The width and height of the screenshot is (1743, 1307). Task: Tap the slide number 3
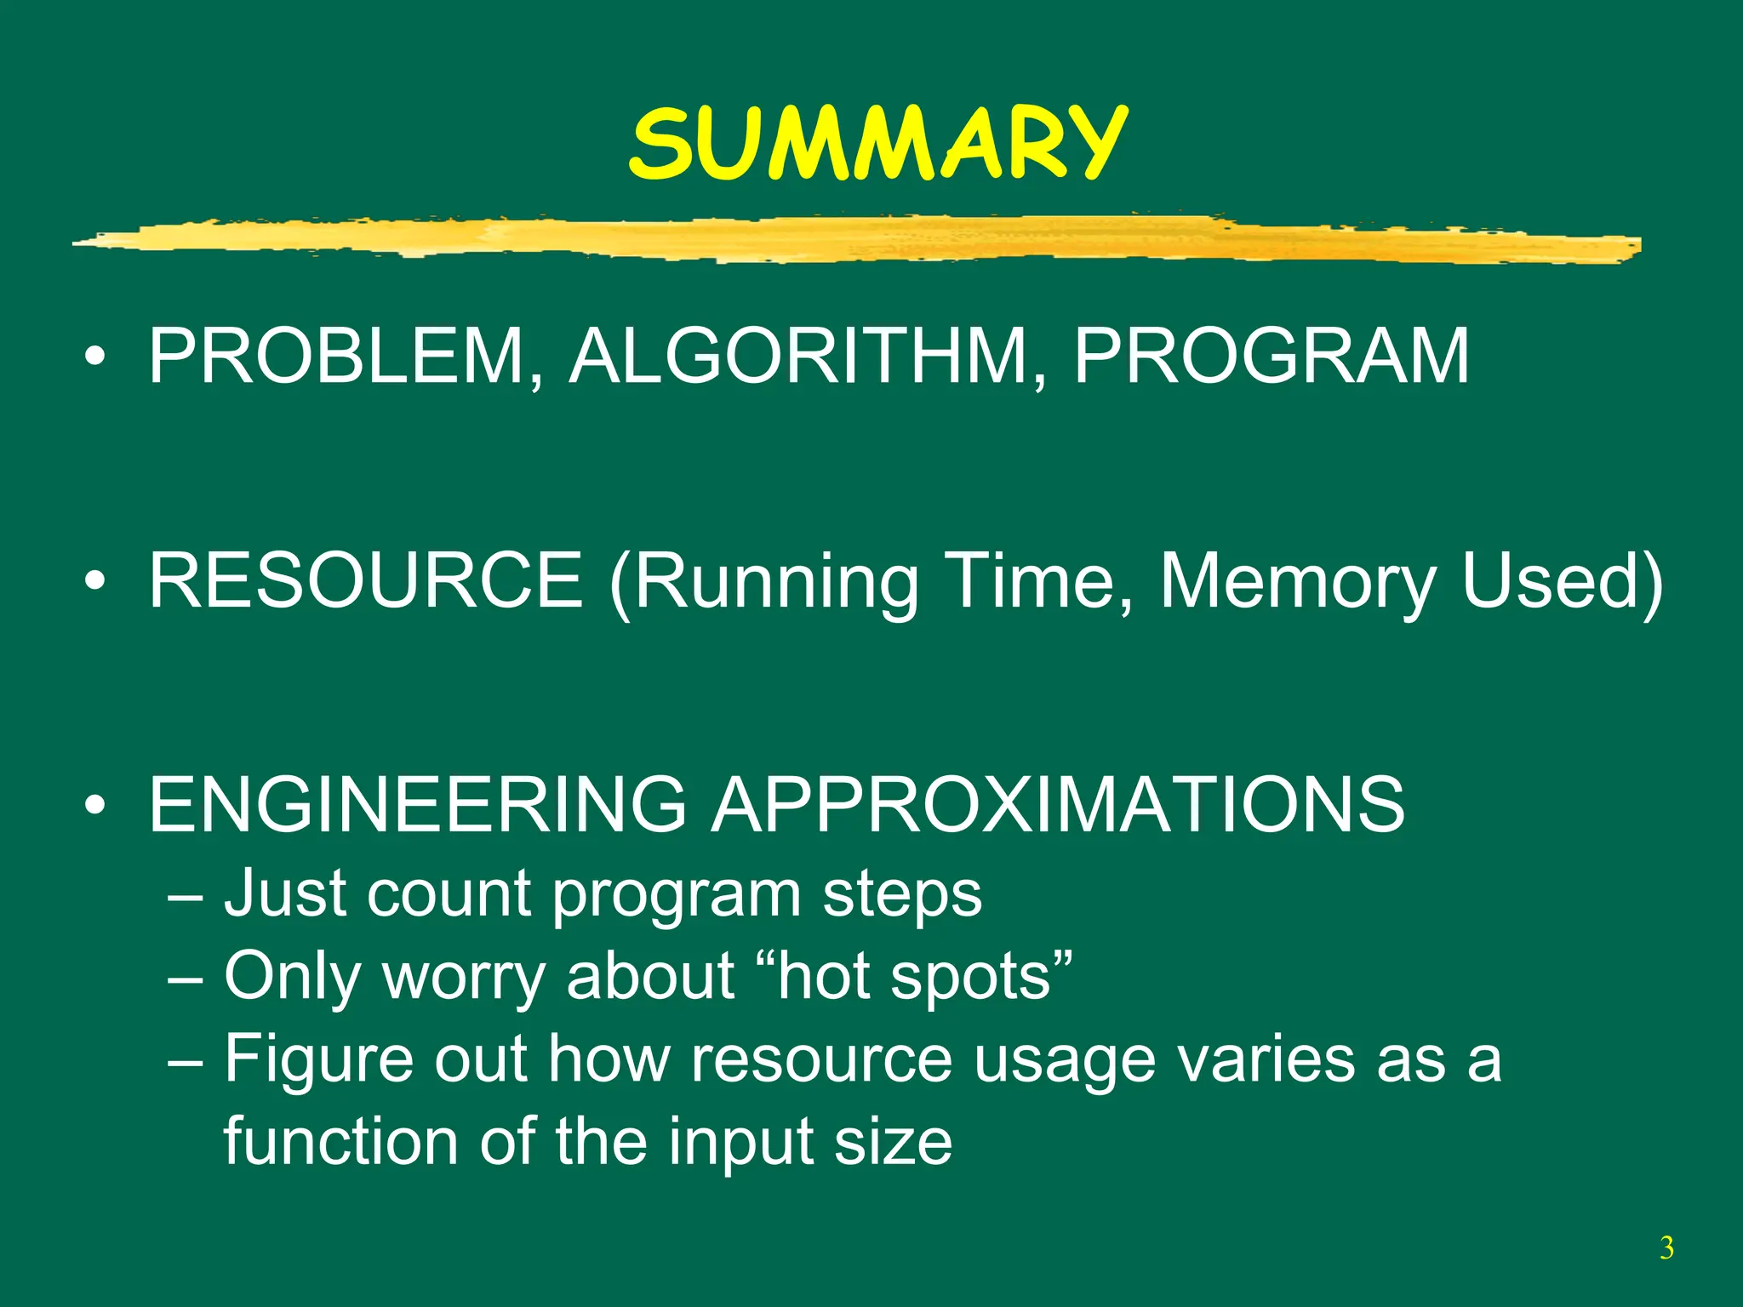tap(1666, 1248)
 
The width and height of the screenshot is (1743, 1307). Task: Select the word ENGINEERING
tap(417, 803)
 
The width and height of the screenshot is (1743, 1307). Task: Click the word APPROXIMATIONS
tap(1058, 803)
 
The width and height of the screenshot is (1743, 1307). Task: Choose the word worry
tap(464, 977)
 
